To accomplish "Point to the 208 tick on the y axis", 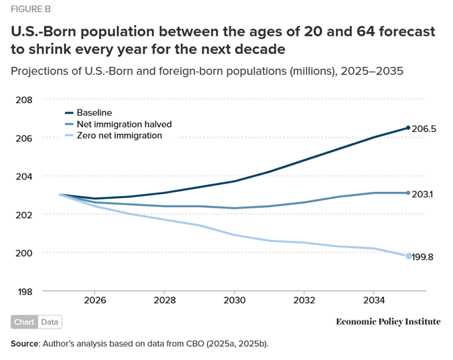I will (25, 100).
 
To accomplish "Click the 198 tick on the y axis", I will (25, 291).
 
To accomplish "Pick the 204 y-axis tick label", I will (25, 176).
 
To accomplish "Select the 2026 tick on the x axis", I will (95, 301).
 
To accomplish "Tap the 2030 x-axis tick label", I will (233, 301).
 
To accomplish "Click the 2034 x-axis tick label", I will (373, 301).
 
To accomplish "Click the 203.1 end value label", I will (422, 194).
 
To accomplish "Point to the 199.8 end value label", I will (423, 257).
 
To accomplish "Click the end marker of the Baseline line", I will (408, 128).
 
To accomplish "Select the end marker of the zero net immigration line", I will (408, 256).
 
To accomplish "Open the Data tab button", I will (50, 322).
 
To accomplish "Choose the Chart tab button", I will (25, 322).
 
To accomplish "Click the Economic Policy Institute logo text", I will (388, 322).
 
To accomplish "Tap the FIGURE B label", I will (30, 10).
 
